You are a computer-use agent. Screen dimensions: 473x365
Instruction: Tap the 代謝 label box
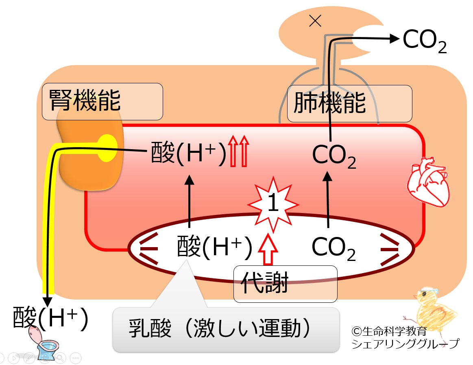click(285, 284)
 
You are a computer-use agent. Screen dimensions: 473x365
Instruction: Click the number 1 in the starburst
click(273, 202)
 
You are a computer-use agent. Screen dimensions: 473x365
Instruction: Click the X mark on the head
click(315, 21)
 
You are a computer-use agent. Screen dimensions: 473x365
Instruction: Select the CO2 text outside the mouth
click(425, 41)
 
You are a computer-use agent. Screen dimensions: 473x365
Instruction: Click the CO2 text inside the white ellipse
click(333, 248)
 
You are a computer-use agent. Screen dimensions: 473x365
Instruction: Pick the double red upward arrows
click(238, 151)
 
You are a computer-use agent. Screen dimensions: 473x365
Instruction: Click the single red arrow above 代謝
click(268, 249)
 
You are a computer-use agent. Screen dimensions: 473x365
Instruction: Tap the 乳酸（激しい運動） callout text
click(220, 328)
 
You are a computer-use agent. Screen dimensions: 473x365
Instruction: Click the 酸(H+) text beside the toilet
click(50, 317)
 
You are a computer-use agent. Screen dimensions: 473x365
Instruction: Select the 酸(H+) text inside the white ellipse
click(214, 247)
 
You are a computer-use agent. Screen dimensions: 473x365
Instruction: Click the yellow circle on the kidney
click(107, 148)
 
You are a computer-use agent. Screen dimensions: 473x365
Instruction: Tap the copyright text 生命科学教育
click(389, 331)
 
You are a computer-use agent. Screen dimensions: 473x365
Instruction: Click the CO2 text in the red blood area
click(334, 156)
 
